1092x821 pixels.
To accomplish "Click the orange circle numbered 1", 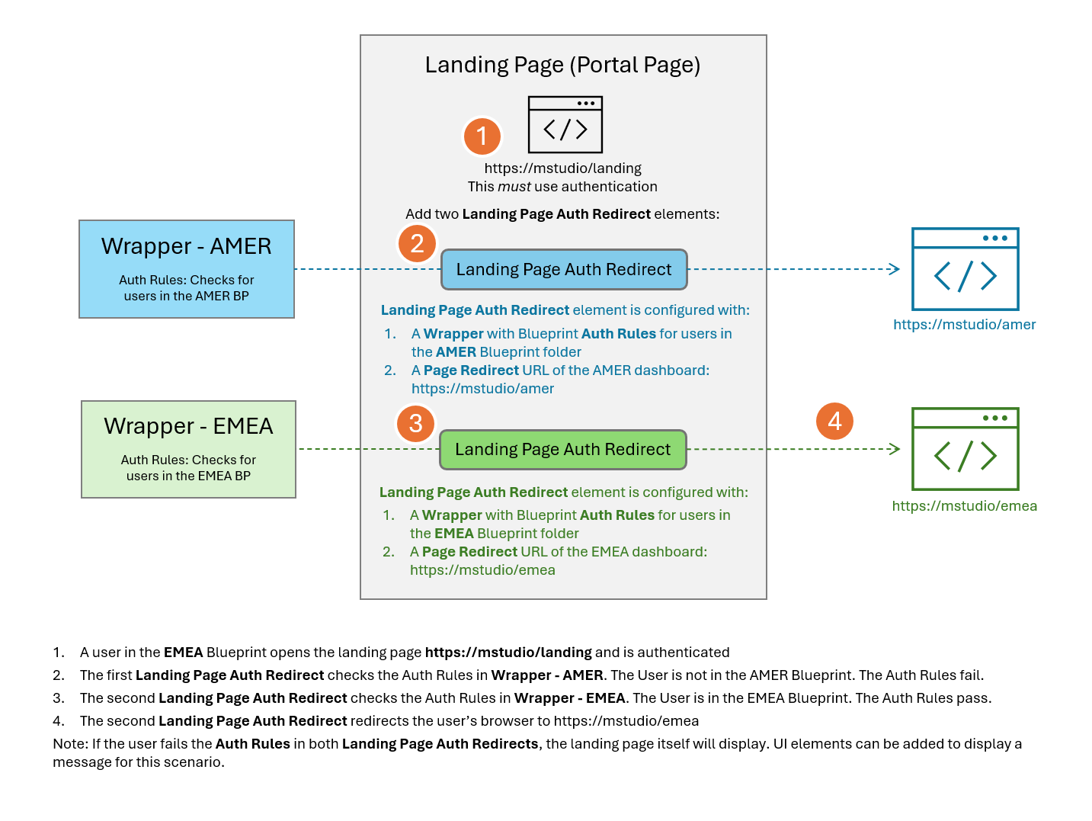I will tap(482, 136).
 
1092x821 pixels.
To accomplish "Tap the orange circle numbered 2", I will tap(417, 244).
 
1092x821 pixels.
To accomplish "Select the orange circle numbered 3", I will tap(415, 424).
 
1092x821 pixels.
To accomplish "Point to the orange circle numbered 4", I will tap(834, 422).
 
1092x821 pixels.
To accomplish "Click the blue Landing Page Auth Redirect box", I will tap(564, 270).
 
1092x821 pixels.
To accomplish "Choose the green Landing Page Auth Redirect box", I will tap(563, 450).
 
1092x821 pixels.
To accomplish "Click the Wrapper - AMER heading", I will tap(187, 246).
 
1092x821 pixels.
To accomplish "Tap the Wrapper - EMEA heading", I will tap(188, 426).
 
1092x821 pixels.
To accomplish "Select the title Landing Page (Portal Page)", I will tap(562, 65).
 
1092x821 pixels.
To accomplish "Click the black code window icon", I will tap(565, 124).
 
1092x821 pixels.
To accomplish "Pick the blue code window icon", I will tap(966, 269).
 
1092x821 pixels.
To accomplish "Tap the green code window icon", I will tap(966, 449).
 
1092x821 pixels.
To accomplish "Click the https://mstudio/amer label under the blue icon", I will tap(964, 325).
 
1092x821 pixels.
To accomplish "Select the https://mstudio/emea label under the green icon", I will tap(964, 506).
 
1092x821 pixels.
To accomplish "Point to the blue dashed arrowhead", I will tap(895, 269).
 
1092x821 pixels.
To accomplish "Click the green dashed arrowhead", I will tap(895, 449).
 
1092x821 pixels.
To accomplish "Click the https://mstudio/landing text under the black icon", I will tap(562, 168).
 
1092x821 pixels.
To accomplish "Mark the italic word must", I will tap(514, 187).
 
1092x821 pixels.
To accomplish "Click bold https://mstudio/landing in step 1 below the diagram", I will tap(508, 653).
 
